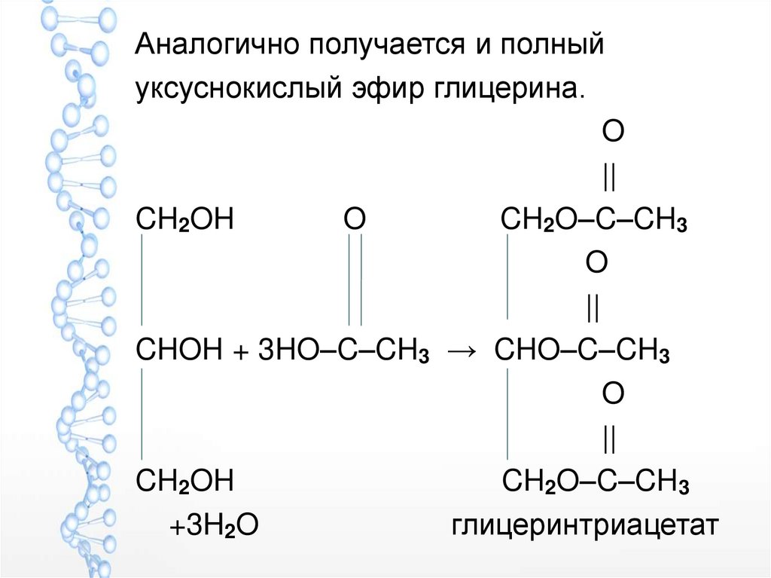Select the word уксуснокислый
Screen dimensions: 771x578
coord(233,89)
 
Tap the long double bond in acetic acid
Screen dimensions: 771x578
coord(355,280)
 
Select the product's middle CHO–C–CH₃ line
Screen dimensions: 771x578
coord(582,351)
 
